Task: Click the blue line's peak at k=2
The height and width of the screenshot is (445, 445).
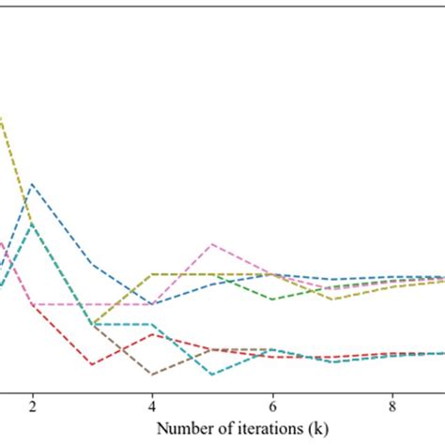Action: [x=33, y=184]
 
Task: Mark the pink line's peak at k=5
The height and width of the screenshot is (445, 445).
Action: [x=212, y=244]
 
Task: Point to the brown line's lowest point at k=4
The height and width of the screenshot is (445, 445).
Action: [x=152, y=374]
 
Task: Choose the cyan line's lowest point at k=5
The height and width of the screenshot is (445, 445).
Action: [x=212, y=374]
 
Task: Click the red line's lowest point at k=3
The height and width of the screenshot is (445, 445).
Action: [x=92, y=363]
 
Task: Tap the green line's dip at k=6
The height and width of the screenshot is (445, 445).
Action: [x=272, y=299]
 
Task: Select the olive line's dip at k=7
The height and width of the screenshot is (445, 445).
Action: [x=331, y=299]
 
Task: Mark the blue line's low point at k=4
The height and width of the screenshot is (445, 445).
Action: [x=152, y=304]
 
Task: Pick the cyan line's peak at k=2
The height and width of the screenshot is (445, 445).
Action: [x=33, y=223]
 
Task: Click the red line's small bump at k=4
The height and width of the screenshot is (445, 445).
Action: [x=152, y=333]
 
